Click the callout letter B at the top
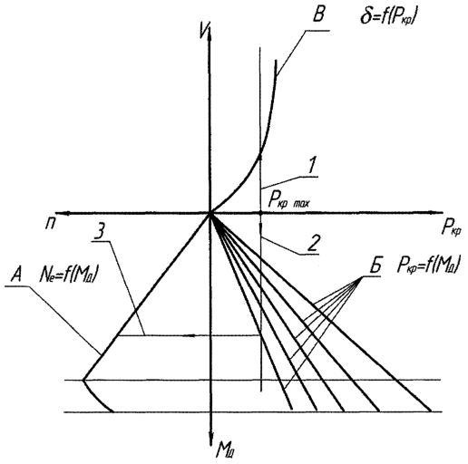coord(318,14)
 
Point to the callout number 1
coord(311,165)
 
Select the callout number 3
coord(101,231)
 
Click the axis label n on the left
coord(50,225)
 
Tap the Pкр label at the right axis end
coord(452,228)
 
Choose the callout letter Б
coord(375,266)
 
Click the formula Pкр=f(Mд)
coord(429,265)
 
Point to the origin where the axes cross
coord(210,213)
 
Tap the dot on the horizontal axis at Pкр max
coord(260,213)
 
